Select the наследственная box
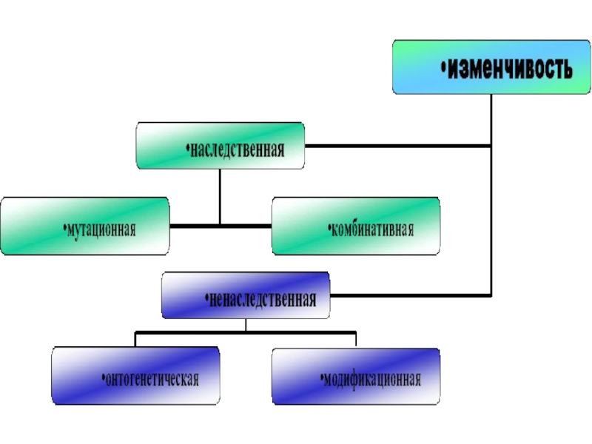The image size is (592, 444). point(221,145)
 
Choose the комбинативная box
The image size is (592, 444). point(355,225)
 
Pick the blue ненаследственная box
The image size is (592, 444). point(246,295)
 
